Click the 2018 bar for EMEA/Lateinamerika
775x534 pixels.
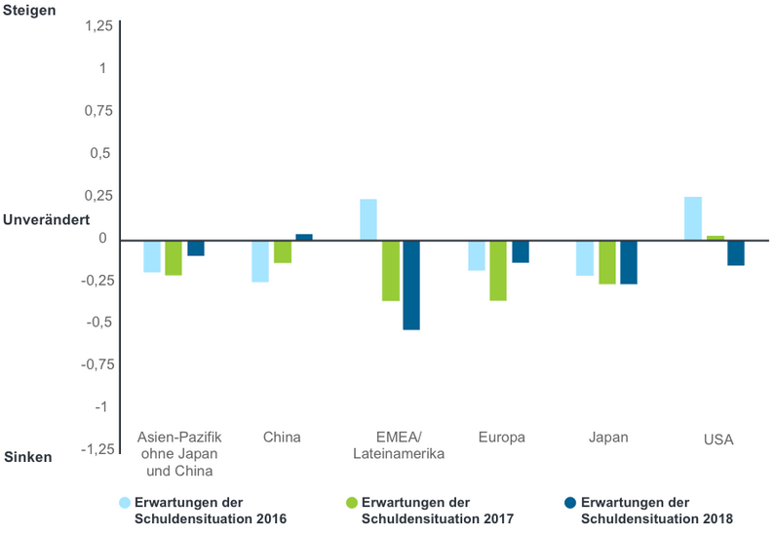[x=411, y=285]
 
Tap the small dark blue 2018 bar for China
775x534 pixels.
[x=304, y=237]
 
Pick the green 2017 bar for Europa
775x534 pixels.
[x=498, y=270]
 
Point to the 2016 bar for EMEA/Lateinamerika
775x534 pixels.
[x=368, y=219]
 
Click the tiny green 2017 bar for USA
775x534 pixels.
[x=715, y=238]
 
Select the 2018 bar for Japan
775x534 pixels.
[x=629, y=262]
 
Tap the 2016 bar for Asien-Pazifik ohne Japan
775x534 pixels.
[x=152, y=256]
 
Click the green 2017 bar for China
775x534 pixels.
[x=283, y=251]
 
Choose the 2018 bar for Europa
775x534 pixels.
[x=521, y=251]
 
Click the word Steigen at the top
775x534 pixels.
[x=30, y=11]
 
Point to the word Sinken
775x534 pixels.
[x=28, y=456]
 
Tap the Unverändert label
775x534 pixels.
[x=47, y=220]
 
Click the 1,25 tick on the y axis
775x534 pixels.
[x=97, y=25]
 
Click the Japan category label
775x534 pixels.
[x=608, y=438]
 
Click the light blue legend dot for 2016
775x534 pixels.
[x=124, y=503]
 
